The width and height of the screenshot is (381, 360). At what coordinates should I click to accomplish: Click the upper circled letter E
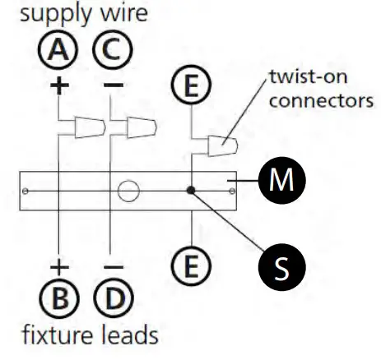click(x=190, y=85)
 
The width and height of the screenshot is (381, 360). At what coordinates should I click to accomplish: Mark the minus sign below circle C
click(x=113, y=85)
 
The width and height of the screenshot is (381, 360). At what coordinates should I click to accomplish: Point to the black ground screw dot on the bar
click(x=191, y=191)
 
